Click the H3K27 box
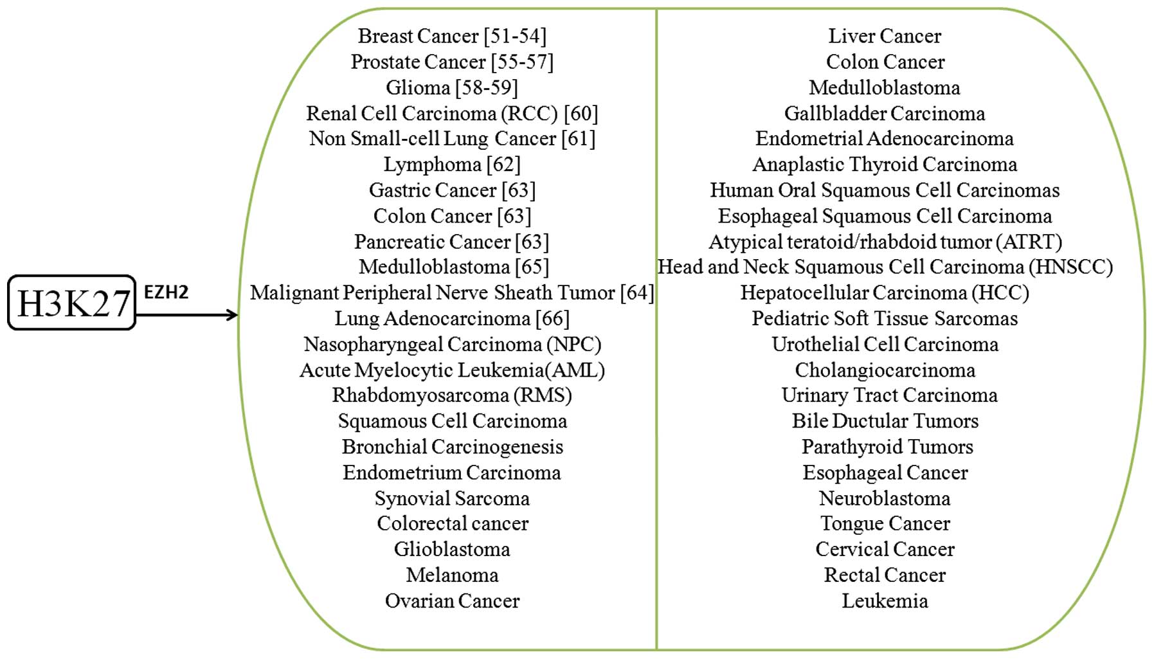point(72,303)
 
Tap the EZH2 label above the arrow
point(166,293)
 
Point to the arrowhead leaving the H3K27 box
point(233,315)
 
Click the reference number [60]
point(581,113)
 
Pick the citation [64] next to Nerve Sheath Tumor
point(637,293)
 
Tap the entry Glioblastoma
point(452,549)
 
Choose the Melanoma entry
point(452,575)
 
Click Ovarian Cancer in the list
point(452,600)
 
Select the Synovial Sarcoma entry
point(452,498)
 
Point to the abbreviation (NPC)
point(574,344)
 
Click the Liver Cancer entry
point(885,36)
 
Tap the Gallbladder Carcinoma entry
point(885,113)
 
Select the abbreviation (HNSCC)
point(1070,267)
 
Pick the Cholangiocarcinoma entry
point(885,370)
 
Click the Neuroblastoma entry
point(885,498)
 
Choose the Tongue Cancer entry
point(885,523)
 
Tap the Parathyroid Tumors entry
point(887,447)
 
